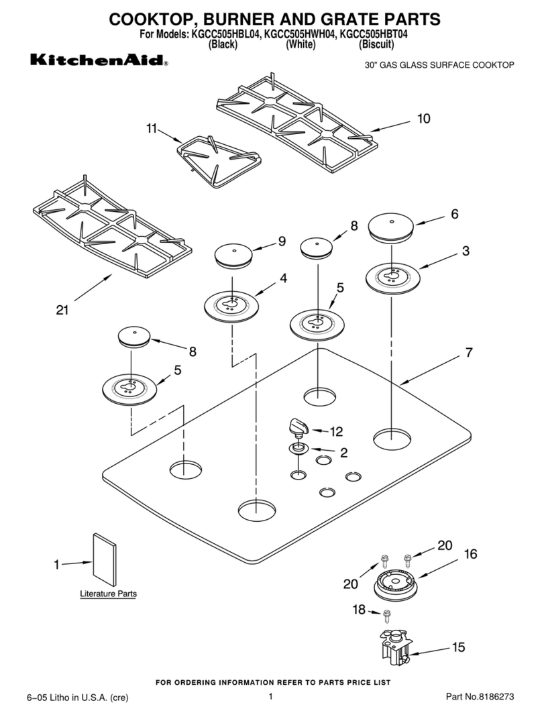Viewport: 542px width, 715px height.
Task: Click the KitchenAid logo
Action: tap(99, 60)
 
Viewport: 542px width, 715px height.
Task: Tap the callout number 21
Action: tap(62, 310)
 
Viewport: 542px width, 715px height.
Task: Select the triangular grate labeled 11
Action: tap(219, 160)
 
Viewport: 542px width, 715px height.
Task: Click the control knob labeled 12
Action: tap(298, 428)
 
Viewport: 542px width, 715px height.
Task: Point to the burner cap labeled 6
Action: tap(391, 227)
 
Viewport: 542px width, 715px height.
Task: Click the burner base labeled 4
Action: tap(231, 306)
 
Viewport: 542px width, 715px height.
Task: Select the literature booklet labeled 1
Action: tap(105, 560)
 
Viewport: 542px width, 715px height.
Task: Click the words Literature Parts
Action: tap(109, 594)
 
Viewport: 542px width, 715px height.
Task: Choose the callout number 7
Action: tap(469, 353)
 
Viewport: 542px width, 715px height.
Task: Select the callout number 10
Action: tap(423, 119)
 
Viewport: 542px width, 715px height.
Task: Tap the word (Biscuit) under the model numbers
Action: tap(376, 45)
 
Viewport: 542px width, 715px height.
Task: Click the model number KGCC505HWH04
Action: tap(299, 34)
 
